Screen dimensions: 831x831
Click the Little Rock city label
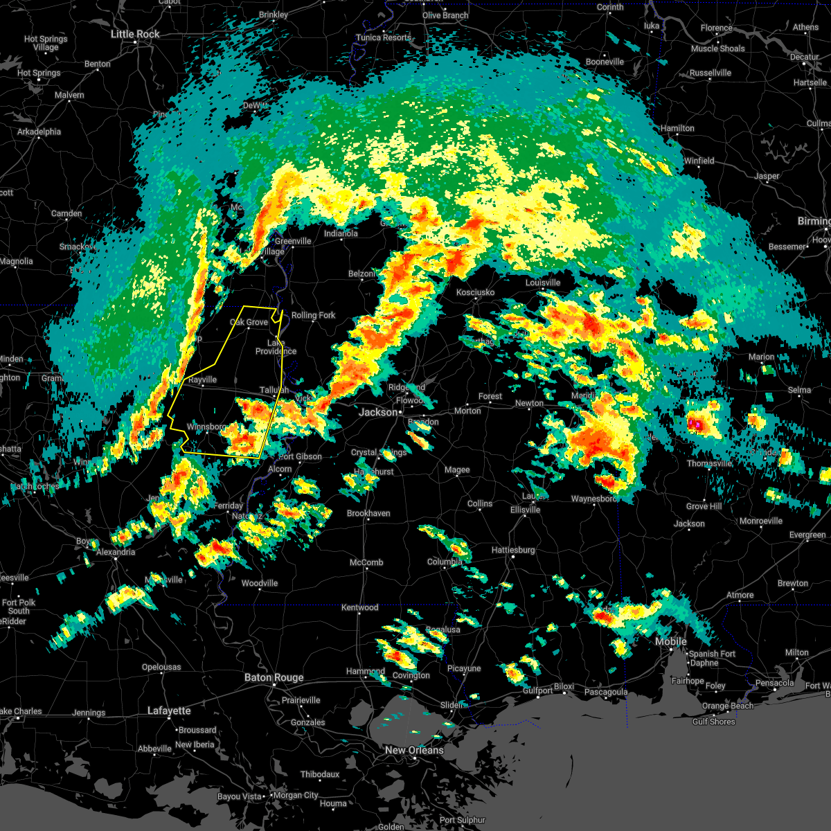[135, 34]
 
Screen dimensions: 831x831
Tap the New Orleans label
[414, 750]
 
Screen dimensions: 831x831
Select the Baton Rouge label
[274, 677]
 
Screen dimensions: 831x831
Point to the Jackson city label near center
[379, 412]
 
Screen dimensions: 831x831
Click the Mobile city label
[671, 641]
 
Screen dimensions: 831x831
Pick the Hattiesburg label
[513, 550]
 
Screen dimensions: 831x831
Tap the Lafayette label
[169, 711]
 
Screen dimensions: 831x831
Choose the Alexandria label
[116, 552]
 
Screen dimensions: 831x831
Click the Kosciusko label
[476, 292]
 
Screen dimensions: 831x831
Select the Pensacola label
[774, 683]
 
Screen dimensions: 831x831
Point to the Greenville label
[293, 241]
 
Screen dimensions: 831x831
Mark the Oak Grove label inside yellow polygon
[249, 322]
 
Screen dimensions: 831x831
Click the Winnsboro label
[206, 427]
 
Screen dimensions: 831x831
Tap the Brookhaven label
[368, 513]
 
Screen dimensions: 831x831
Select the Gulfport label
[538, 690]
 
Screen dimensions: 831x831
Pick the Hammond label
[365, 671]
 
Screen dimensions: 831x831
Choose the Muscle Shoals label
[717, 48]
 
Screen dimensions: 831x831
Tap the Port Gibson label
[300, 456]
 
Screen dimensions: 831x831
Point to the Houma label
[333, 803]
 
